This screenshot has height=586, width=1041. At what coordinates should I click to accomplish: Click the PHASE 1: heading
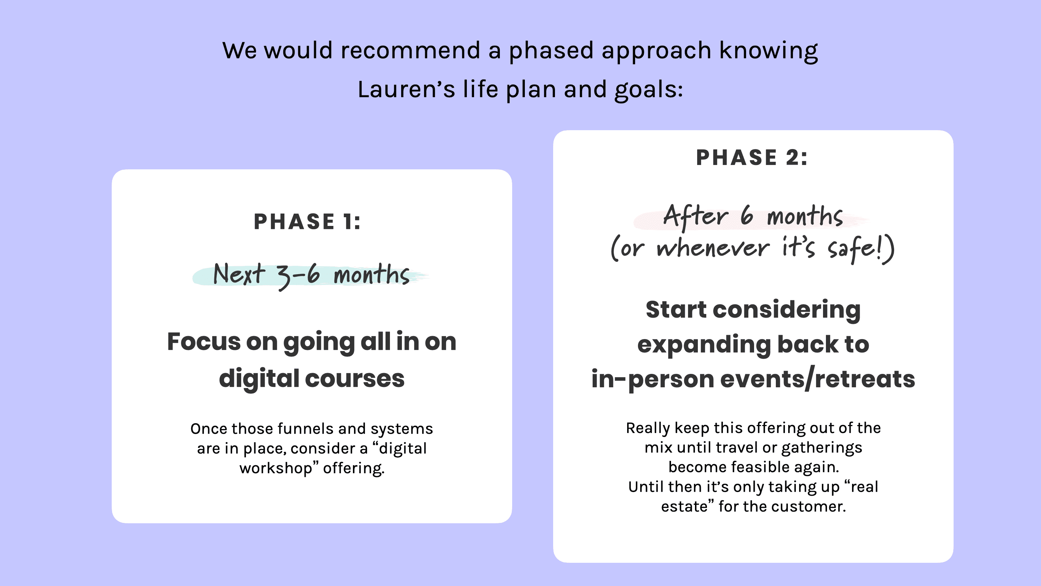point(307,222)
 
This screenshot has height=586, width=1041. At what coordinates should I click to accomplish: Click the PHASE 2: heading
point(752,157)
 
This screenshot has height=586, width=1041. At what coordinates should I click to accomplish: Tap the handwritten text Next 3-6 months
point(311,275)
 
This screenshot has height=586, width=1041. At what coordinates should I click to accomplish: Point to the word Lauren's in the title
point(406,89)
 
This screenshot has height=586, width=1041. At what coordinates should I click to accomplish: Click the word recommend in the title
point(410,50)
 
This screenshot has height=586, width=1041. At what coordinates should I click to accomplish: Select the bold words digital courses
point(312,379)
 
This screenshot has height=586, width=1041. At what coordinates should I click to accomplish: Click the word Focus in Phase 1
point(204,342)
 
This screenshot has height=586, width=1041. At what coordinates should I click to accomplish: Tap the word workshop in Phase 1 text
point(276,468)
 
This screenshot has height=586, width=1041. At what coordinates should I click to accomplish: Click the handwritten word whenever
point(713,248)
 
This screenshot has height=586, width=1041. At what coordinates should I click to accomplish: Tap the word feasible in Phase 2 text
point(761,467)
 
